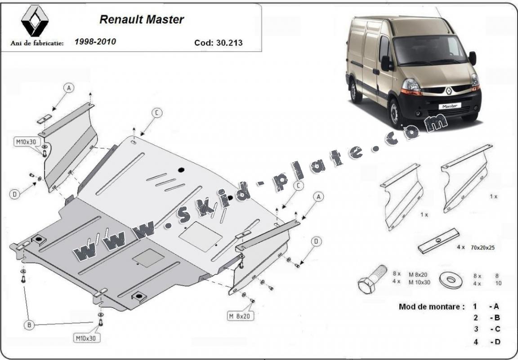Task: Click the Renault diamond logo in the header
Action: (35, 21)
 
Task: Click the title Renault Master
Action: (141, 20)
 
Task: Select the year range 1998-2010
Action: (95, 42)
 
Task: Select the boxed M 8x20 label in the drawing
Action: (240, 316)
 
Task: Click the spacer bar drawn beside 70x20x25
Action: (438, 241)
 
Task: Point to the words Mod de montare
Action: (432, 307)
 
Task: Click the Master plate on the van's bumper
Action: (450, 106)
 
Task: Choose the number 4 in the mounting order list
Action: (475, 342)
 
